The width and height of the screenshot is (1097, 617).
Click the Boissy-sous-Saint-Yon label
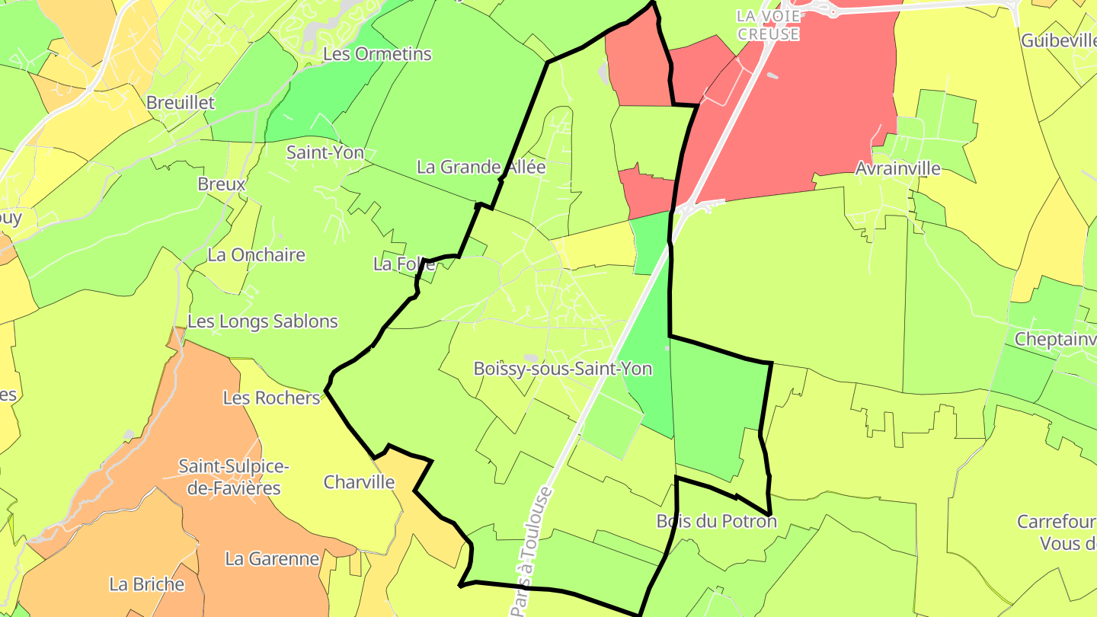click(562, 369)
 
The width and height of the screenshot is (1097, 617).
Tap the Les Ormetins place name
click(377, 54)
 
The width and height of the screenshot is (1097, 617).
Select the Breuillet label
click(181, 102)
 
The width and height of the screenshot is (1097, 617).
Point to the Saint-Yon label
click(325, 152)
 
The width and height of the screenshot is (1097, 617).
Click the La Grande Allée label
click(481, 167)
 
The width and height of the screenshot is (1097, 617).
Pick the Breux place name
click(222, 184)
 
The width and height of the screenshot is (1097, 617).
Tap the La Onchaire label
click(256, 255)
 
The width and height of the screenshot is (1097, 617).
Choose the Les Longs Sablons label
click(263, 321)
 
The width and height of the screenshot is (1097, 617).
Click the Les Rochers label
click(271, 398)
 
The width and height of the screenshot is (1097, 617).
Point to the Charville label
click(360, 482)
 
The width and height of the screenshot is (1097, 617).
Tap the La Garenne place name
click(272, 559)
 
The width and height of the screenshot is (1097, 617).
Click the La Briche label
click(147, 584)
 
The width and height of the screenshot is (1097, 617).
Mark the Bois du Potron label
click(716, 522)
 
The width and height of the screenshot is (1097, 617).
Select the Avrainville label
click(897, 168)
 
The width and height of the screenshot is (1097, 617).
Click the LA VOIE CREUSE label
click(768, 25)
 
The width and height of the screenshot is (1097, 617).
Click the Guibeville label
click(1058, 40)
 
